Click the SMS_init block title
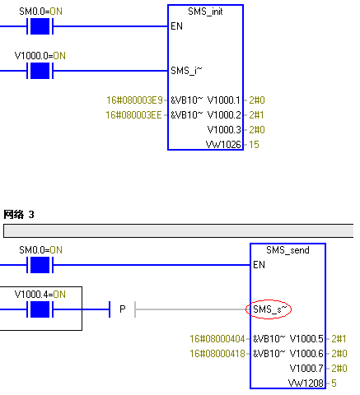(x=205, y=12)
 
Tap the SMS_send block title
(x=288, y=250)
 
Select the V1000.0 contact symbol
(x=40, y=71)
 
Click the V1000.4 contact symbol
(x=40, y=309)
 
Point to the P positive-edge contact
(x=123, y=309)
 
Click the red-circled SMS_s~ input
(x=269, y=309)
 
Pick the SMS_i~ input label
(x=186, y=71)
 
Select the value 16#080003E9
(x=134, y=100)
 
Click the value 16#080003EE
(x=134, y=115)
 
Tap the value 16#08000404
(x=217, y=339)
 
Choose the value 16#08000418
(x=217, y=354)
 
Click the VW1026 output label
(x=223, y=145)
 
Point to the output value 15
(x=254, y=145)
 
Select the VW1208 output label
(x=306, y=383)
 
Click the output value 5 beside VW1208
(x=334, y=383)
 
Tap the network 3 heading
(x=19, y=214)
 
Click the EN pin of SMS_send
(x=259, y=265)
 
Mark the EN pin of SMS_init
(x=176, y=26)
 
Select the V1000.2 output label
(x=224, y=115)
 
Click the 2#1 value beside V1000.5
(x=339, y=339)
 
